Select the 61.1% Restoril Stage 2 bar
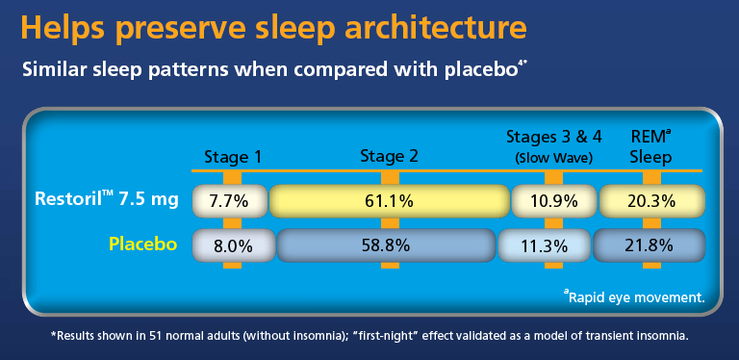(389, 202)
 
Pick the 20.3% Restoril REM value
(651, 202)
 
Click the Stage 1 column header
(232, 157)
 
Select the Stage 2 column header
(390, 157)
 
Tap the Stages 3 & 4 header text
(552, 139)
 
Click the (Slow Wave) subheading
(552, 158)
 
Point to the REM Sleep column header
(651, 147)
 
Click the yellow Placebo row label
(142, 244)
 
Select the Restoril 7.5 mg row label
(106, 200)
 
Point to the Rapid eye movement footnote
(636, 297)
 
